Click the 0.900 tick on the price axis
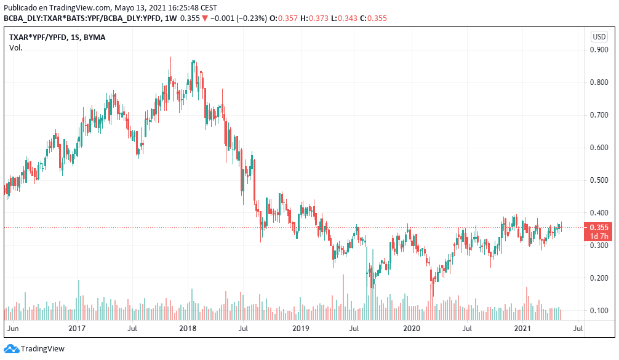[x=599, y=50]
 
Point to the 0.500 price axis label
[x=599, y=180]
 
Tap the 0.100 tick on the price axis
[x=599, y=311]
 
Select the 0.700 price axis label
[x=599, y=115]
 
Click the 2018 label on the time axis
[x=188, y=329]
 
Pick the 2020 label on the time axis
[x=411, y=329]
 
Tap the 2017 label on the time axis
[x=76, y=329]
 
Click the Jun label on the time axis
[x=12, y=329]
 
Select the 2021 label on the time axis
[x=522, y=329]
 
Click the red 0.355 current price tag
[x=599, y=228]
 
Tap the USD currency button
[x=599, y=37]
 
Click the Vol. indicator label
[x=16, y=47]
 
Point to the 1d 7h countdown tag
[x=599, y=236]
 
